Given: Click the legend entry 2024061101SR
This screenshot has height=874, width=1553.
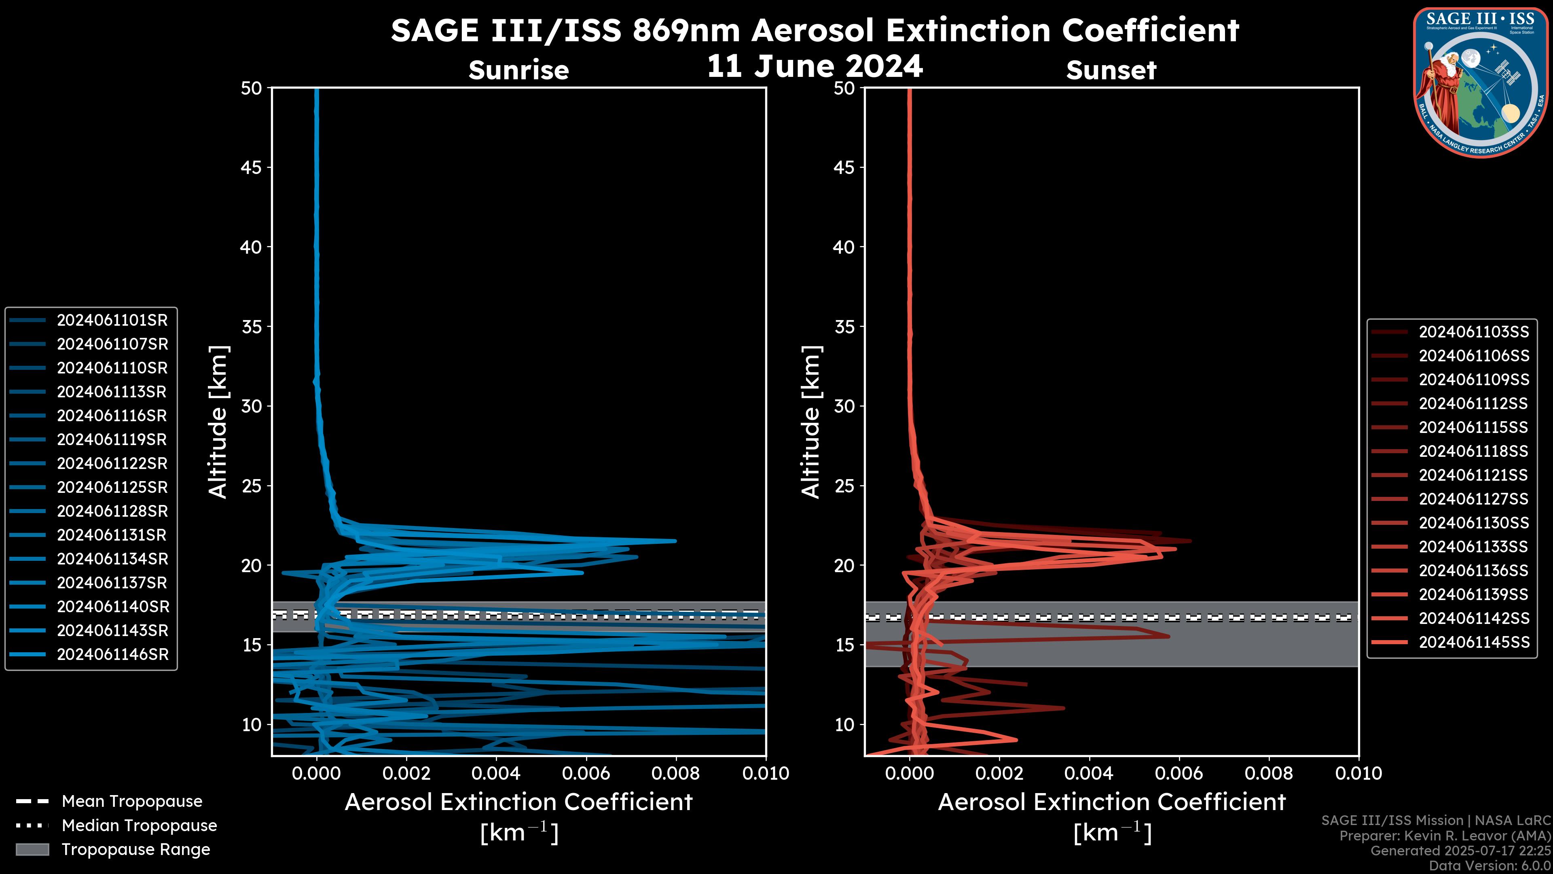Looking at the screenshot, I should (x=112, y=320).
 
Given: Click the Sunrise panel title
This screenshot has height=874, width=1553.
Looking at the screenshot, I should (x=518, y=70).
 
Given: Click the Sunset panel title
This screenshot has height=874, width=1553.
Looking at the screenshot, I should (x=1111, y=70).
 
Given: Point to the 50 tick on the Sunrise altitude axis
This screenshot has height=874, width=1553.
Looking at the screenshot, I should (x=252, y=88).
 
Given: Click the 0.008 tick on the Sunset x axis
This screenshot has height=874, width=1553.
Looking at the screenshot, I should (x=1269, y=773).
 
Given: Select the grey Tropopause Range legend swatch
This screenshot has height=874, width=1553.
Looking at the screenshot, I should (x=32, y=850).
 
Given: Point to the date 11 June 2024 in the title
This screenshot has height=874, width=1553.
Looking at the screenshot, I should (x=815, y=66).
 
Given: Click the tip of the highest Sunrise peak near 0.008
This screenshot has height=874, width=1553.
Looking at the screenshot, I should (x=675, y=541).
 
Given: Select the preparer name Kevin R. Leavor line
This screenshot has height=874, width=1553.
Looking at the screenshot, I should (x=1445, y=836).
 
